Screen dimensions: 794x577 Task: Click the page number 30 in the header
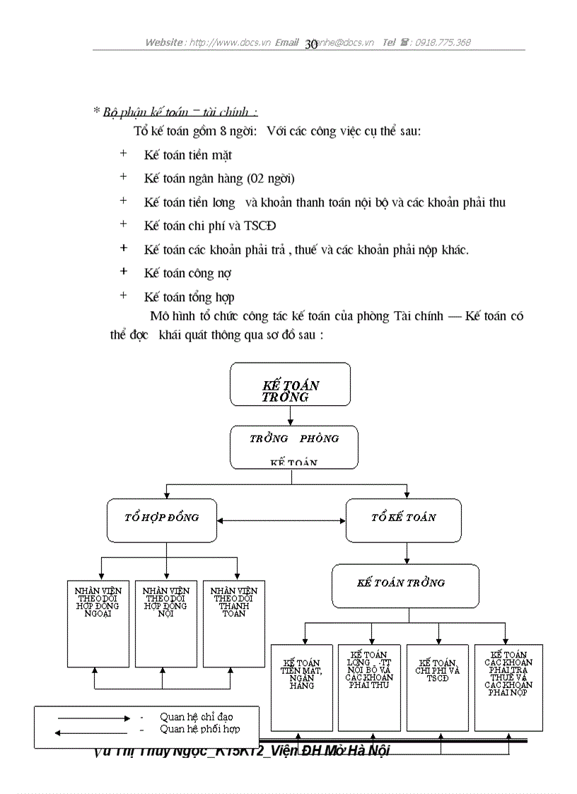pos(311,44)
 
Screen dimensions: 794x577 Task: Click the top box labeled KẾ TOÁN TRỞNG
pos(290,385)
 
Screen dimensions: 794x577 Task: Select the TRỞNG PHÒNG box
pos(293,447)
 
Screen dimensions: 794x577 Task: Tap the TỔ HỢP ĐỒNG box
pos(161,520)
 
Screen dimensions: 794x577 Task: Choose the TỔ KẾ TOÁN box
pos(403,520)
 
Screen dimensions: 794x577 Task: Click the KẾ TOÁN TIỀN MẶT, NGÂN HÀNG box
pos(302,687)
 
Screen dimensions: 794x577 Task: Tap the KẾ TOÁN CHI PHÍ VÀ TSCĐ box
pos(437,687)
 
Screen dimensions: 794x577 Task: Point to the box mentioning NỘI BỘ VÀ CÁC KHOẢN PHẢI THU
pos(369,687)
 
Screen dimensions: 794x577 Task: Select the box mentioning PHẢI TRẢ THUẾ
pos(508,687)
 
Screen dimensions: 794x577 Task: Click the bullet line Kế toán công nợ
pos(187,273)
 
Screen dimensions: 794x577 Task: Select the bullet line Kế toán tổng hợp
pos(189,297)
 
